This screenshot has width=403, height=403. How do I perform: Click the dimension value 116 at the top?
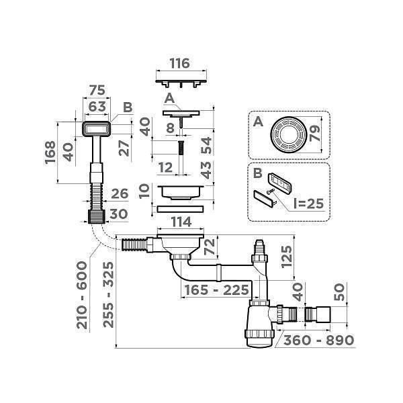tap(179, 64)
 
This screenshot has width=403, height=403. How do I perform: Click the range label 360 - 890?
tap(318, 340)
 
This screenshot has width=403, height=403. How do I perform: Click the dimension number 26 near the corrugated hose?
tap(118, 195)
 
